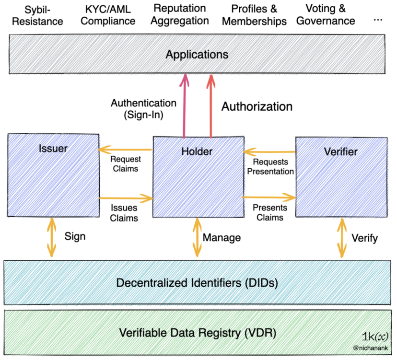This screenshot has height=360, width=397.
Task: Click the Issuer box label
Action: coord(53,148)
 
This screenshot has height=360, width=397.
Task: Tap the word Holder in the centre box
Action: coord(197,151)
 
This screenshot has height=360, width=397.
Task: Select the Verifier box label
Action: coord(341,151)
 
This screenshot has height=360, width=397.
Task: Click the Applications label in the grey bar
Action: coord(197,55)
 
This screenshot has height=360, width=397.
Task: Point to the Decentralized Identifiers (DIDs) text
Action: coord(197,283)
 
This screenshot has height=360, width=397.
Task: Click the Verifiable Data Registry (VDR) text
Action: coord(198,333)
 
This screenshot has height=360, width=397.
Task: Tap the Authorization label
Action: coord(257,106)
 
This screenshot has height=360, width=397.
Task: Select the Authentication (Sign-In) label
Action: coord(143,109)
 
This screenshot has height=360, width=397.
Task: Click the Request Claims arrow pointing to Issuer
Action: coord(125,150)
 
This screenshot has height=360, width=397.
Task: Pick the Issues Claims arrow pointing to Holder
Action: coord(126,198)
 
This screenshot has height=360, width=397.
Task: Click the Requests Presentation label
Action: coord(270,167)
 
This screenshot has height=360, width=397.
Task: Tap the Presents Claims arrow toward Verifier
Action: coord(269,197)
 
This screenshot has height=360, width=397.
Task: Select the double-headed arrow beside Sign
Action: coord(52,237)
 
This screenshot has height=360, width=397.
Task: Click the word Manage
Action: coord(222,238)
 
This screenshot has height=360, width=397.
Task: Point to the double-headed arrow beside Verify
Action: coord(342,238)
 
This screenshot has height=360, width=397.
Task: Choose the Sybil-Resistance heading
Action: coord(37,16)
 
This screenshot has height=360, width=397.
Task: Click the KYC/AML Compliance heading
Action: coord(108,15)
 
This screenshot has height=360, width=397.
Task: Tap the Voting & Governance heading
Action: coord(326,15)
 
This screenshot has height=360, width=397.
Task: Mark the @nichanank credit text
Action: coord(371,348)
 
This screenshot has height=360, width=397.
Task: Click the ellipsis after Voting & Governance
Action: coord(378,20)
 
